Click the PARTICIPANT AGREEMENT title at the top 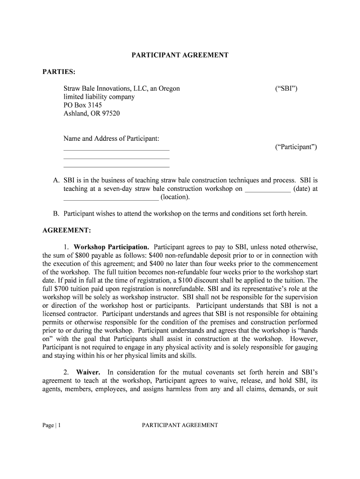coord(180,55)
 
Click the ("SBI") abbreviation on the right coord(286,88)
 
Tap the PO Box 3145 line coord(83,105)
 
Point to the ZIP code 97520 coord(110,114)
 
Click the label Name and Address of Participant coord(111,139)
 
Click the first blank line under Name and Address coord(116,150)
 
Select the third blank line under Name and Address coord(116,167)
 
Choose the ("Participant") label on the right coord(295,147)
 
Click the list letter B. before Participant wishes coord(56,214)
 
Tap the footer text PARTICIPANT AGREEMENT coord(180,425)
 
